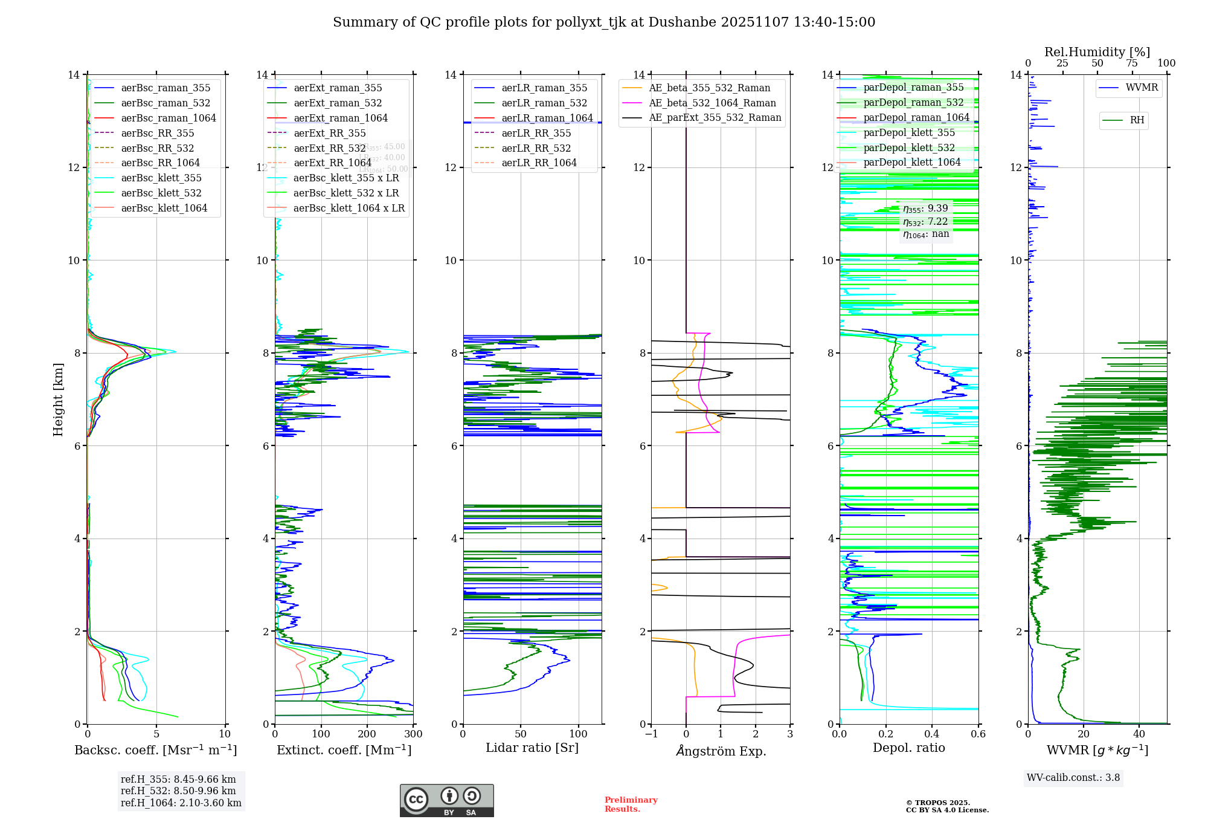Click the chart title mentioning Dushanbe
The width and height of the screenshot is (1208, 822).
click(604, 22)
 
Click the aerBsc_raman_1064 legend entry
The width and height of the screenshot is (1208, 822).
click(168, 118)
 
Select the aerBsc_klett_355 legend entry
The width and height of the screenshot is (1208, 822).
click(161, 178)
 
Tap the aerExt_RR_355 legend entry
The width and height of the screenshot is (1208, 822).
click(330, 133)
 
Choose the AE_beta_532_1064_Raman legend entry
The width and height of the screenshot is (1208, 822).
click(712, 103)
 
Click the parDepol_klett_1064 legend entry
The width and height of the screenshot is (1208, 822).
click(911, 162)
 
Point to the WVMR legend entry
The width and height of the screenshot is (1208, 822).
click(1142, 88)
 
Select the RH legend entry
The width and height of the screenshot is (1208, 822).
click(1137, 120)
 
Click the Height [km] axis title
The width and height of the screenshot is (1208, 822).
click(58, 400)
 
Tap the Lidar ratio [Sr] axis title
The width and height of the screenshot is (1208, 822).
click(532, 748)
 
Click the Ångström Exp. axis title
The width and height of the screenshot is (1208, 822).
click(721, 751)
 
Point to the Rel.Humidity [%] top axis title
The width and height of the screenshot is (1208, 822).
click(1097, 52)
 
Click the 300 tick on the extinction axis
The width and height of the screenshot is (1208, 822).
click(413, 734)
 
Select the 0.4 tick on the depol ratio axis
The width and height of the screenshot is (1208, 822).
click(932, 734)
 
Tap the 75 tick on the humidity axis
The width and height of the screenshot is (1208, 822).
click(1132, 63)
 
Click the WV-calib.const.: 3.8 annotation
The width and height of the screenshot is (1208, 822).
click(1073, 778)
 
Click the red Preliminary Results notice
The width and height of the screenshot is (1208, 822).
click(631, 804)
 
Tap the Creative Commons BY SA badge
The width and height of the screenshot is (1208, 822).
click(446, 800)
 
